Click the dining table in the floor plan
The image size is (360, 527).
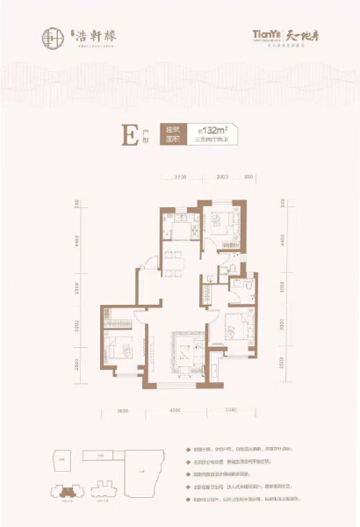(176, 258)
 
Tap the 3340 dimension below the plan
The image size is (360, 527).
(231, 407)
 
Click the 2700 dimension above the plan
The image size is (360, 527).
(181, 177)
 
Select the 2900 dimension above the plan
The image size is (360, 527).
(222, 177)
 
